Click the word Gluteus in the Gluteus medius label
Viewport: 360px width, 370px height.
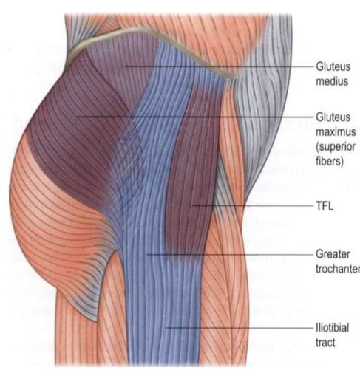click(333, 66)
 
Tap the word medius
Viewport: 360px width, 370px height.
click(332, 81)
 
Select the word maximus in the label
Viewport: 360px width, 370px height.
click(336, 132)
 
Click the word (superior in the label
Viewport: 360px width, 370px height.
click(336, 147)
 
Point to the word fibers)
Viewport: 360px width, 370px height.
click(330, 162)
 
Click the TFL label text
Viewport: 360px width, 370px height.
click(325, 206)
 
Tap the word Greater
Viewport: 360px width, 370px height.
click(333, 254)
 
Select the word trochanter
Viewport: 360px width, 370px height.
click(338, 269)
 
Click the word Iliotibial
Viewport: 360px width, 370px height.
click(333, 328)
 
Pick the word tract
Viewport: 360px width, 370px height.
click(325, 343)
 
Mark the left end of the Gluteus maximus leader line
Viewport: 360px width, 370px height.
click(77, 117)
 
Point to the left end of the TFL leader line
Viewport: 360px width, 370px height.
click(193, 205)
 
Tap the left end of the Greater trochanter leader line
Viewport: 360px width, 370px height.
click(147, 254)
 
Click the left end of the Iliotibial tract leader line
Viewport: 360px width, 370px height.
click(166, 328)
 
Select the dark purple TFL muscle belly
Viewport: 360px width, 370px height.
click(194, 170)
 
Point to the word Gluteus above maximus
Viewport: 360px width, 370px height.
click(333, 117)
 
